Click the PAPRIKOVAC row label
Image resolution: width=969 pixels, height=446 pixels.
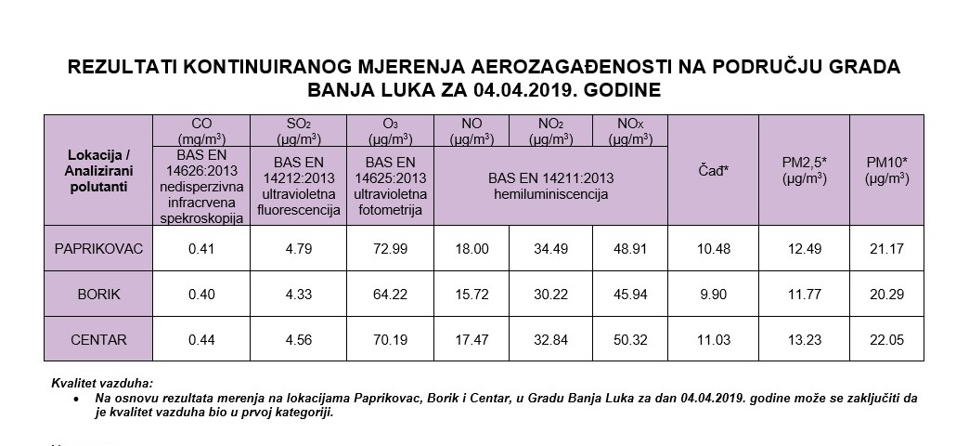(97, 249)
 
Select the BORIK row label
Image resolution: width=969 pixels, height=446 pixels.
(97, 295)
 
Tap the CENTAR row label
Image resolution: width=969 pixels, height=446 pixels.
(97, 341)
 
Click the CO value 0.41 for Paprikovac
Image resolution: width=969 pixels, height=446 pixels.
(201, 249)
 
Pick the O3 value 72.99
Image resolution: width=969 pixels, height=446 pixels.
(390, 249)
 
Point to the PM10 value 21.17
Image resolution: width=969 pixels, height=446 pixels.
(886, 249)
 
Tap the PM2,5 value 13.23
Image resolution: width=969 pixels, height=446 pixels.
(804, 341)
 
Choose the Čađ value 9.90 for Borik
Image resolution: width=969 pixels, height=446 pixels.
(713, 295)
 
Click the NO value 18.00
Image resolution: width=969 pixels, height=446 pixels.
(472, 249)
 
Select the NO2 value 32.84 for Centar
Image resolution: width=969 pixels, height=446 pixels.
(550, 341)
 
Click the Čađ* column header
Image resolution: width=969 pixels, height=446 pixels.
(713, 169)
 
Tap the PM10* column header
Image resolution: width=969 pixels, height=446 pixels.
(886, 169)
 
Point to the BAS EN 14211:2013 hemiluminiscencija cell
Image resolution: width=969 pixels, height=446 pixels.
(550, 186)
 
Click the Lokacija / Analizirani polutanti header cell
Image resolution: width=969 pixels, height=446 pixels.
(97, 170)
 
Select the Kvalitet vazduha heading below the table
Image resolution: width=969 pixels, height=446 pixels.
(103, 384)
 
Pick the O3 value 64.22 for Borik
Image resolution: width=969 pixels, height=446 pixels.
(390, 295)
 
